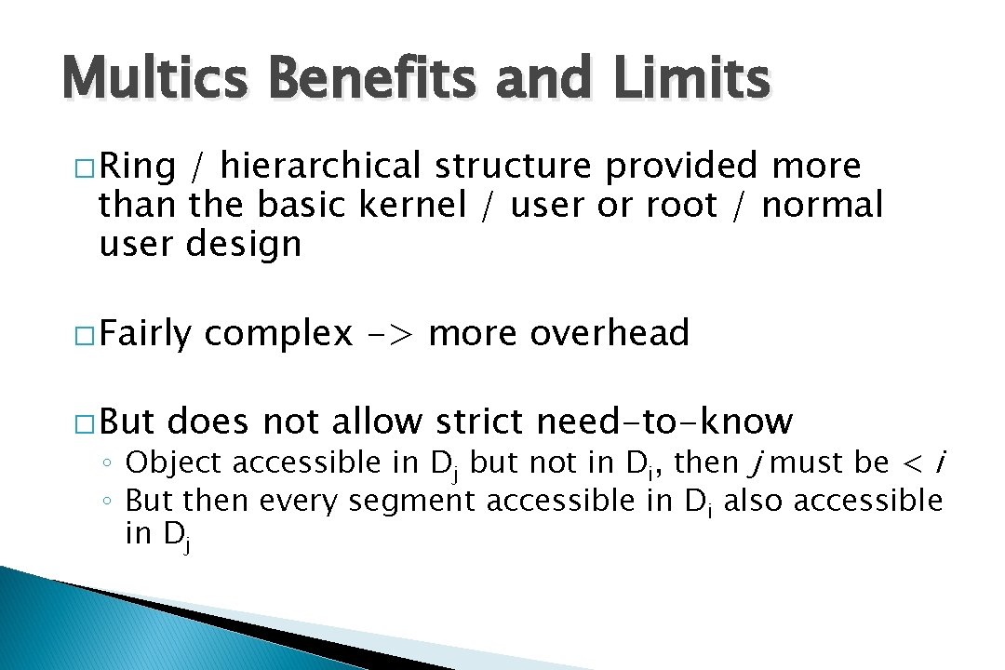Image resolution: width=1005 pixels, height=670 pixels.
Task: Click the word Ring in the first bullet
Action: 137,167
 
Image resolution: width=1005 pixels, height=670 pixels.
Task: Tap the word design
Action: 244,244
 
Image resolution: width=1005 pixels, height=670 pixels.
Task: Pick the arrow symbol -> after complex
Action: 391,333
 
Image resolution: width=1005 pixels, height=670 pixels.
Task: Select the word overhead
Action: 610,332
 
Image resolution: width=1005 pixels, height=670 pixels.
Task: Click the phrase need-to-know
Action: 664,422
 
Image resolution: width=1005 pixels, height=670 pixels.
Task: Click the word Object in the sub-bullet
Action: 173,462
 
